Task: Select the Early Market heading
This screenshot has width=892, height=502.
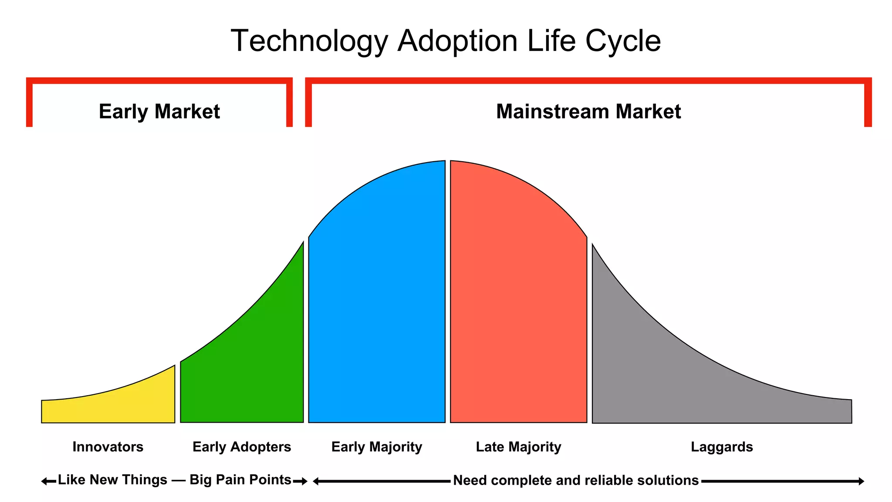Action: click(159, 112)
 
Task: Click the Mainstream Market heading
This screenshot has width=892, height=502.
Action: click(588, 112)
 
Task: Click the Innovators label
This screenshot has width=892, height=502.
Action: click(108, 447)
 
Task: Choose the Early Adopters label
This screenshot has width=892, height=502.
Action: click(241, 447)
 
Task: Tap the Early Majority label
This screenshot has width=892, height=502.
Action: click(376, 447)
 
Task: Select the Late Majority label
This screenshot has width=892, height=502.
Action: click(518, 447)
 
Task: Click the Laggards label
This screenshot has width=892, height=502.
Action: click(722, 447)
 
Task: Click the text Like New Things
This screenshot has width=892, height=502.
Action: click(112, 480)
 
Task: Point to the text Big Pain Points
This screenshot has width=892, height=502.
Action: click(240, 480)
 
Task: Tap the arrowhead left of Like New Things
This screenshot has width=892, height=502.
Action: click(44, 482)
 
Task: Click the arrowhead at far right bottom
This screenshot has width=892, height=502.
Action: click(862, 482)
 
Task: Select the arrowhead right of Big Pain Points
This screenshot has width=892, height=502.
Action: click(305, 482)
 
